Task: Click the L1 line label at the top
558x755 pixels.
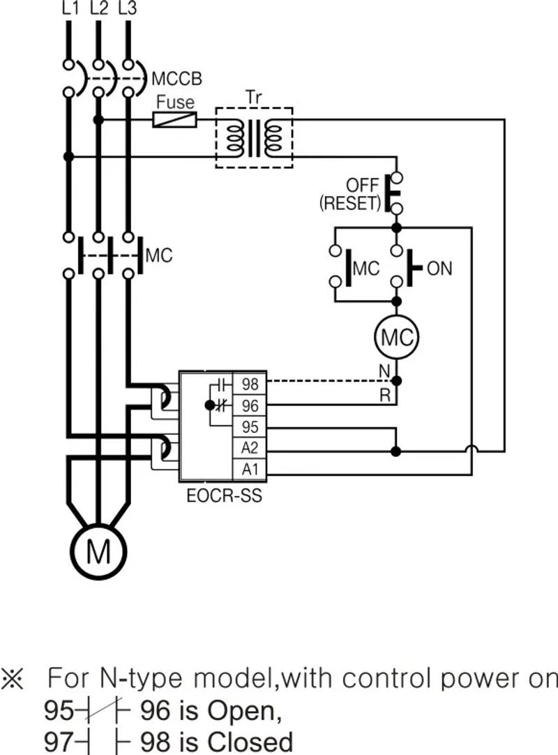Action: pyautogui.click(x=69, y=8)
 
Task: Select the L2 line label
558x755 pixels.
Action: pyautogui.click(x=98, y=8)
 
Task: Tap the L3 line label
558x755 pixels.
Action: pyautogui.click(x=128, y=8)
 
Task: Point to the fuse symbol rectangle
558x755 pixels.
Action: pyautogui.click(x=174, y=120)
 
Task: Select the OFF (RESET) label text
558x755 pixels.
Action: pyautogui.click(x=350, y=195)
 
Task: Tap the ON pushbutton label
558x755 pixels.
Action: pyautogui.click(x=439, y=268)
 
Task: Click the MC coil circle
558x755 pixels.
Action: pyautogui.click(x=396, y=338)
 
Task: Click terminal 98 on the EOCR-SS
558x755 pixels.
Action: pyautogui.click(x=250, y=383)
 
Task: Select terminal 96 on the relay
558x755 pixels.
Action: pyautogui.click(x=250, y=405)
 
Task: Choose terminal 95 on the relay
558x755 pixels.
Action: pyautogui.click(x=250, y=426)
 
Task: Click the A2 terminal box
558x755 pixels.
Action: pyautogui.click(x=250, y=448)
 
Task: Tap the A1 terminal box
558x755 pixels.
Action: pyautogui.click(x=250, y=470)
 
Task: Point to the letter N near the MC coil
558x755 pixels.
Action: pyautogui.click(x=384, y=371)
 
